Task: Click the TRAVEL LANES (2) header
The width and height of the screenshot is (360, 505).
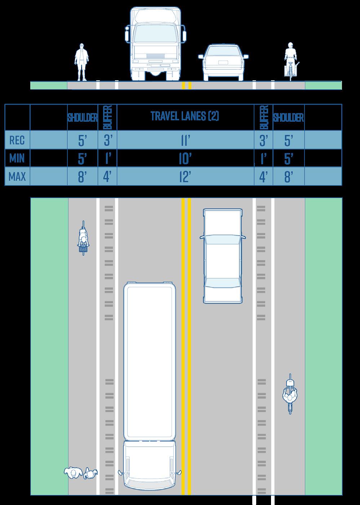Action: coord(185,116)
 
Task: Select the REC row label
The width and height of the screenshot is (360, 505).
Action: coord(17,140)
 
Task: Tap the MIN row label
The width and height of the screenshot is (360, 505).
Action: coord(17,158)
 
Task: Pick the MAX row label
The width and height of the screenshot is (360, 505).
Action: coord(17,177)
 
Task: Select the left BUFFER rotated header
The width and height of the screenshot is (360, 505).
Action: coord(107,117)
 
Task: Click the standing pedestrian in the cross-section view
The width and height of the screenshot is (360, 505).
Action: coord(81,62)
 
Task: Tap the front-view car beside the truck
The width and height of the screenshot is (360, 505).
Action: coord(223,62)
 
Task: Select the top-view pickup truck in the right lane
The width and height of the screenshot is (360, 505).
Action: coord(222,256)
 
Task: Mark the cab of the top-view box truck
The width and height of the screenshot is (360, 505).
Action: coord(150,465)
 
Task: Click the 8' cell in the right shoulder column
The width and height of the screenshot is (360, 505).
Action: coord(288,177)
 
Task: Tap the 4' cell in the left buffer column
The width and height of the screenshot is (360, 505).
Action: coord(107,177)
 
